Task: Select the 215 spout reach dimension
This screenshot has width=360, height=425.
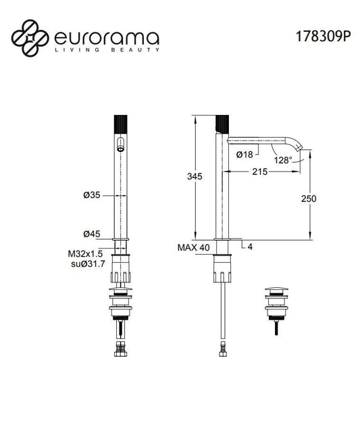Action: tap(259, 172)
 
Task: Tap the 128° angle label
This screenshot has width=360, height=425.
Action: tap(283, 160)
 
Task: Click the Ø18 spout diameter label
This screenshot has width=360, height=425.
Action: tap(245, 155)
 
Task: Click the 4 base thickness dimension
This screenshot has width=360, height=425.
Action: tap(250, 247)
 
